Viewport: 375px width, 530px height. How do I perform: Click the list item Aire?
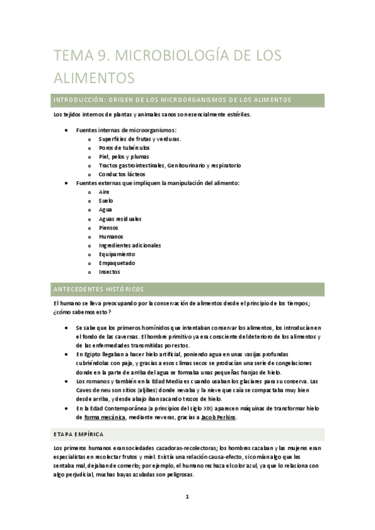(x=104, y=192)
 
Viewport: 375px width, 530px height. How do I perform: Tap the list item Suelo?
(x=106, y=201)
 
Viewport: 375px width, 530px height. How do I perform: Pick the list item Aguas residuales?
(x=120, y=219)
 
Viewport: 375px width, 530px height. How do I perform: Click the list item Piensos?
(x=108, y=227)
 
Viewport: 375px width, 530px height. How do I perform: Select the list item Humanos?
(x=111, y=237)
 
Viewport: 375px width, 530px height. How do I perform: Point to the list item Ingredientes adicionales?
(x=130, y=246)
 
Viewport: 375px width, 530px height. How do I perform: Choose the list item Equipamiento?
(x=117, y=254)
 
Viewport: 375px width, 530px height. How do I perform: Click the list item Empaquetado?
(x=116, y=263)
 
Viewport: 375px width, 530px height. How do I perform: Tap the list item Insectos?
(x=110, y=272)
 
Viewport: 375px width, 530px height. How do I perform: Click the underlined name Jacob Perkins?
(x=217, y=417)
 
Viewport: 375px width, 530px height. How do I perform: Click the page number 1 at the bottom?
(x=187, y=497)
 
